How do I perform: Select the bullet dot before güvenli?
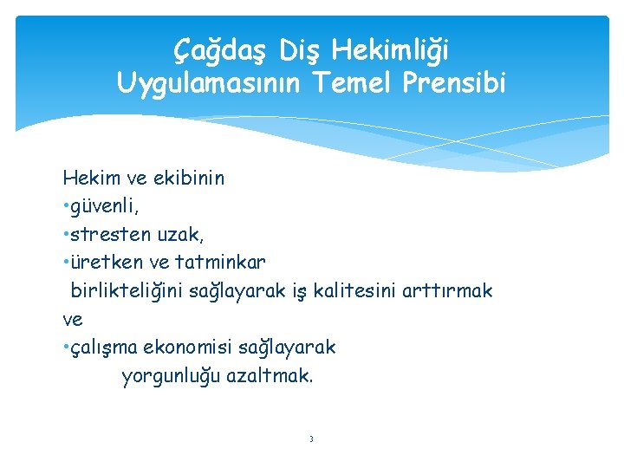pyautogui.click(x=66, y=207)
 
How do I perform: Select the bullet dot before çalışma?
pyautogui.click(x=66, y=348)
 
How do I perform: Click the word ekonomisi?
pyautogui.click(x=183, y=348)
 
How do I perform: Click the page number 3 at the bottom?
pyautogui.click(x=311, y=439)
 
